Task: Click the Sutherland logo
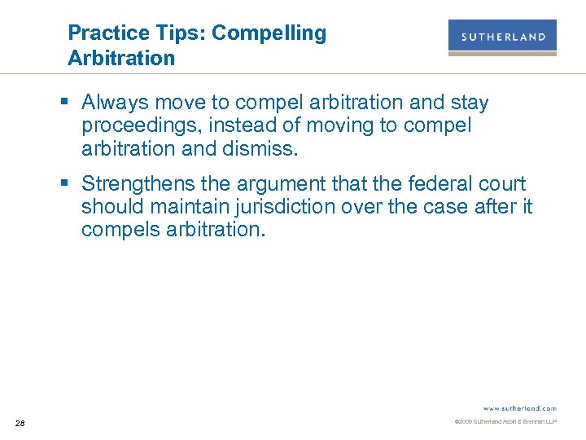(x=502, y=37)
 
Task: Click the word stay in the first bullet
(x=470, y=103)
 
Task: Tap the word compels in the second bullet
(x=117, y=230)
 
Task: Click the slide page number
(x=20, y=422)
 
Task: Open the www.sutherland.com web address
(x=519, y=407)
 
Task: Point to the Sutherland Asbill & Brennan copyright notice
(x=505, y=422)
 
